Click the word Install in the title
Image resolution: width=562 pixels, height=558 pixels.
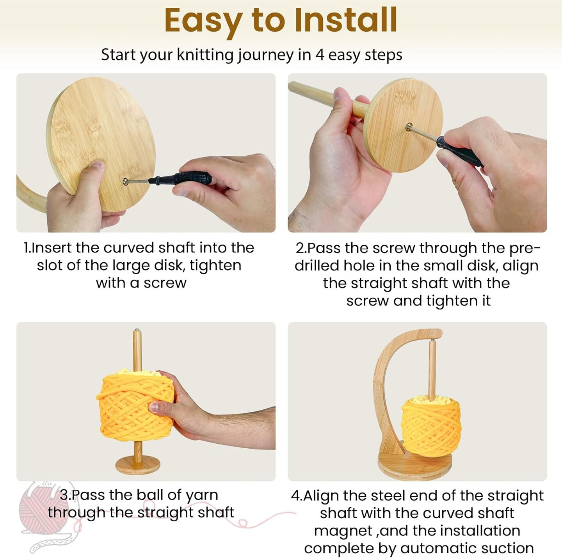346,20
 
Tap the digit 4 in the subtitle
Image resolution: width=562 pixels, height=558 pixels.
320,55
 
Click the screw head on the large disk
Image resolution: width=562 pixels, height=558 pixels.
126,181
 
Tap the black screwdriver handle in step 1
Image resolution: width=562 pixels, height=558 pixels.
181,178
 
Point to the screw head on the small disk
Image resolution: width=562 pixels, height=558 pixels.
409,126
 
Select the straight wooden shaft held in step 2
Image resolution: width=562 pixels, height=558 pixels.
328,98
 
